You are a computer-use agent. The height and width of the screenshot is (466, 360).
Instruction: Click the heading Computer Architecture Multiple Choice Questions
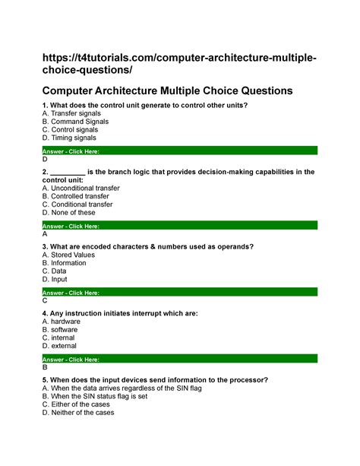click(167, 90)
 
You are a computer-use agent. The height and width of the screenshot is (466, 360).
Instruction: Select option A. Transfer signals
click(72, 113)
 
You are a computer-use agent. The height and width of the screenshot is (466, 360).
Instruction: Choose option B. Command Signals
click(75, 121)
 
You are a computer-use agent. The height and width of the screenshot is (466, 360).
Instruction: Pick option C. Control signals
click(73, 130)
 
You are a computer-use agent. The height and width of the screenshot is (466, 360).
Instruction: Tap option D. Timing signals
click(70, 138)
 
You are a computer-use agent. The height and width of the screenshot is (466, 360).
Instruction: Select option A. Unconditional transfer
click(81, 187)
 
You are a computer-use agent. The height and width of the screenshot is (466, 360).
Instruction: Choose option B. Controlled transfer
click(77, 196)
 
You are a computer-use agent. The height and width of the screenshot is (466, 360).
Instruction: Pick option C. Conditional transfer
click(77, 204)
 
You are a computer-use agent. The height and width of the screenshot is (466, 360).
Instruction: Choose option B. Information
click(65, 263)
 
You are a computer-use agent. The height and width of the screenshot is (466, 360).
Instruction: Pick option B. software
click(62, 330)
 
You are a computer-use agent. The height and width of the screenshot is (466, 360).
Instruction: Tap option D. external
click(62, 347)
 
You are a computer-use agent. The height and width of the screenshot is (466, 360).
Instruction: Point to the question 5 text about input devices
click(155, 379)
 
